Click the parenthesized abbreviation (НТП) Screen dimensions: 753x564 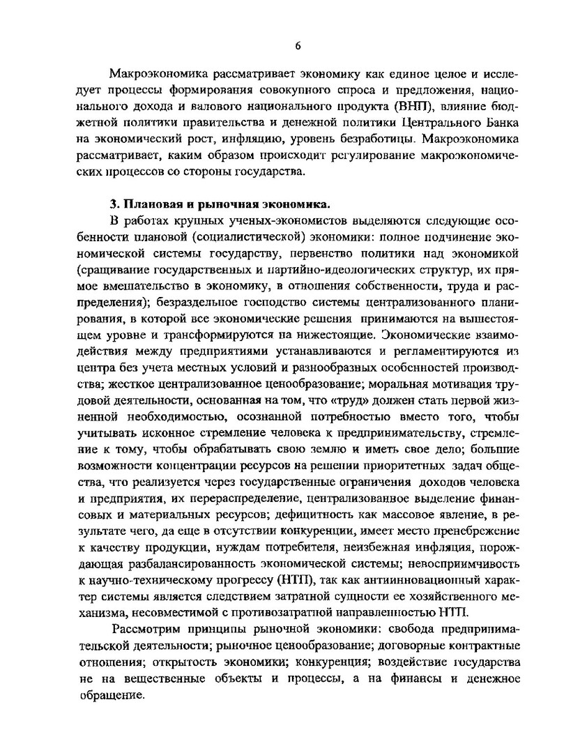coord(298,581)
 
